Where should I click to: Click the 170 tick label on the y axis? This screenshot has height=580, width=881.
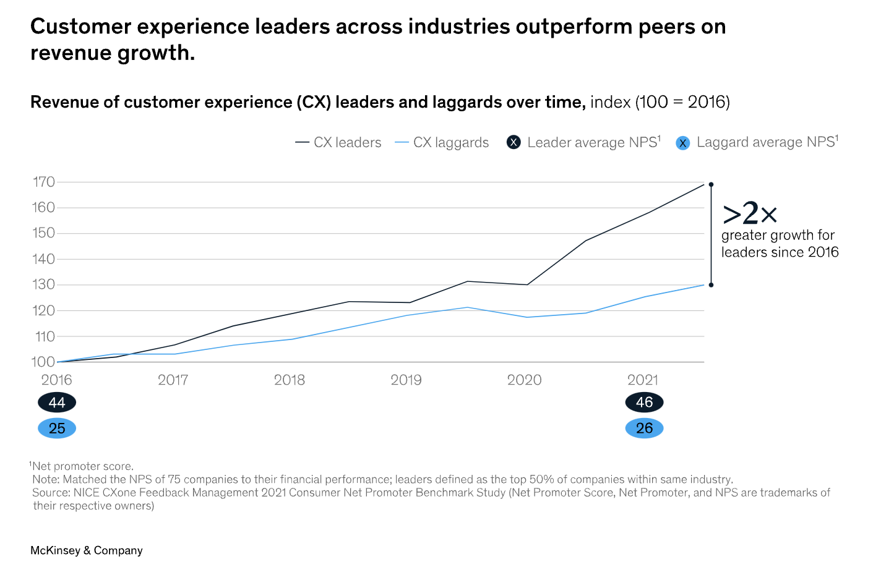pos(44,182)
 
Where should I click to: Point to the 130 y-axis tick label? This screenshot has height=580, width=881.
pos(44,284)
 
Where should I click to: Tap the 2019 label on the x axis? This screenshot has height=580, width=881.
pos(406,380)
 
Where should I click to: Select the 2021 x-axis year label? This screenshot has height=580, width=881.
pos(643,380)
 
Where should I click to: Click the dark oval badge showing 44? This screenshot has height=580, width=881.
pos(57,403)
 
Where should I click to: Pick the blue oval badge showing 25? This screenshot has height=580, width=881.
pos(57,428)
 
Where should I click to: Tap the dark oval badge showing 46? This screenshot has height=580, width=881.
pos(644,403)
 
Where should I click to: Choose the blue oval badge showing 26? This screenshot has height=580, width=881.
pos(644,428)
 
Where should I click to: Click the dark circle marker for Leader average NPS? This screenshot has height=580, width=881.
pos(514,143)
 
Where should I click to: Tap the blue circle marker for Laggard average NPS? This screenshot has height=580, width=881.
pos(682,143)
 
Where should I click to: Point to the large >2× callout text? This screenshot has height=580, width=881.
pos(750,213)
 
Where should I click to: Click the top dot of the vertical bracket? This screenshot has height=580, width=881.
pos(711,184)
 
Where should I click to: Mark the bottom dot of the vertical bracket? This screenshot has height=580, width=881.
pos(711,285)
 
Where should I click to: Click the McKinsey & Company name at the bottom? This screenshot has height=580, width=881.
pos(87,550)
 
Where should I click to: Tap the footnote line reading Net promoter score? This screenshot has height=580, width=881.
pos(83,466)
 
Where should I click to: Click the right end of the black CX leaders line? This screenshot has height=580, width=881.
pos(703,184)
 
